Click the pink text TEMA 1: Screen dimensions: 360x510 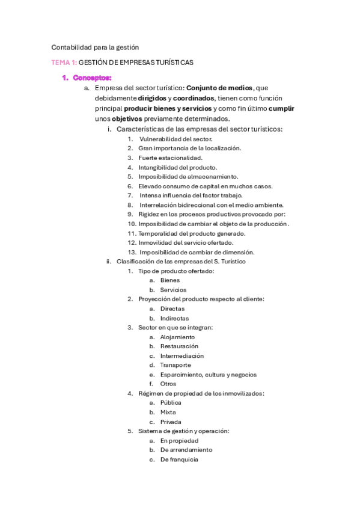pos(64,63)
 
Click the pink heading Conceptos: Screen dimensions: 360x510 pos(92,78)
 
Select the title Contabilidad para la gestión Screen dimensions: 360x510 pos(95,47)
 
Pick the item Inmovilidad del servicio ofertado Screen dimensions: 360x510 pos(186,242)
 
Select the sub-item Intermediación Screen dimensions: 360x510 pos(182,355)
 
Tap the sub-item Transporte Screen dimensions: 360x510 pos(175,365)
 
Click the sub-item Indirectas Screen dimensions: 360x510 pos(174,318)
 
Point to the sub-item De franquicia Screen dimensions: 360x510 pos(178,459)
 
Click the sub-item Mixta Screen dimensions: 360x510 pos(168,412)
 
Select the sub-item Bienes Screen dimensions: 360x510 pos(169,280)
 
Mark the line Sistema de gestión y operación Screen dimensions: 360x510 pos(183,431)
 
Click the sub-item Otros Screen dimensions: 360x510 pos(168,384)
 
